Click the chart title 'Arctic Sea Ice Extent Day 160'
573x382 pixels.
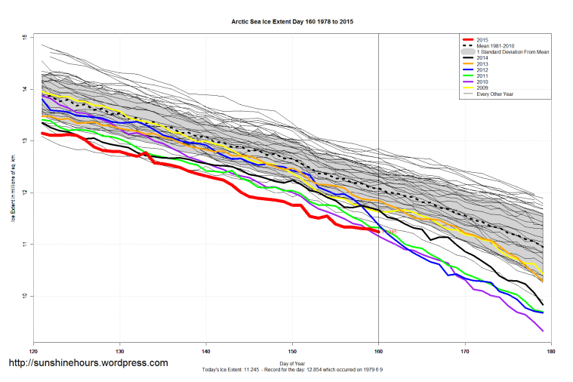pos(292,22)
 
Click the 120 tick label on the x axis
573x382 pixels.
pos(33,351)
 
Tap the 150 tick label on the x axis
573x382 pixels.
pos(292,351)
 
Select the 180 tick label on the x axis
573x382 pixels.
pos(551,351)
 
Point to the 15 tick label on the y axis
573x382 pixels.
pos(25,38)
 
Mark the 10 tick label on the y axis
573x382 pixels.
pos(25,296)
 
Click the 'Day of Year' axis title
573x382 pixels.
pos(292,364)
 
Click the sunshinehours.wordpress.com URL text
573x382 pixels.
pos(88,363)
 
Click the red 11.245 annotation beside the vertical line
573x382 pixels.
pos(390,232)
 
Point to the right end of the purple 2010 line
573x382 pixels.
pos(543,331)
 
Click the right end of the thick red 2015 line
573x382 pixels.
pos(377,230)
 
